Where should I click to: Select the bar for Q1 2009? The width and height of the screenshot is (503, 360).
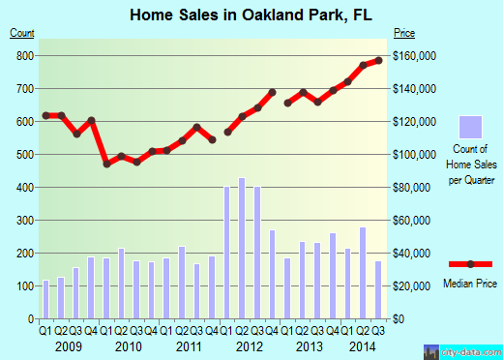pyautogui.click(x=45, y=299)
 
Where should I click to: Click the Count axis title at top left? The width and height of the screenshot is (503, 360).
pyautogui.click(x=22, y=33)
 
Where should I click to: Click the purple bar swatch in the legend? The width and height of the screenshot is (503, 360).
pyautogui.click(x=470, y=126)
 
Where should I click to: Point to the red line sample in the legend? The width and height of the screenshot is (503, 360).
pyautogui.click(x=470, y=264)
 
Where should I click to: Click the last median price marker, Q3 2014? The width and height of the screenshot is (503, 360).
pyautogui.click(x=378, y=60)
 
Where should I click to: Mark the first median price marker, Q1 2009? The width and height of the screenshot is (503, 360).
pyautogui.click(x=45, y=115)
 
